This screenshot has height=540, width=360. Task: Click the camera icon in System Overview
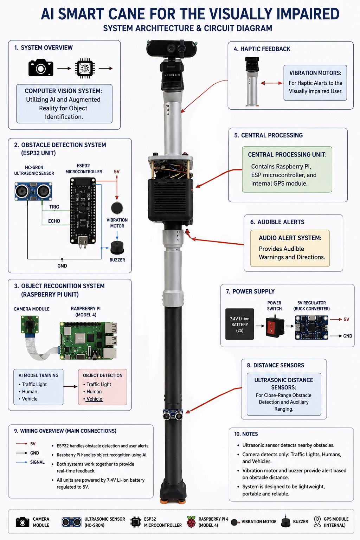41,68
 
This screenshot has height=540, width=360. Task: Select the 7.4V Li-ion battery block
239,324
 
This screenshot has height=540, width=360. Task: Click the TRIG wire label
54,207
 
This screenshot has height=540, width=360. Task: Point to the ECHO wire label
54,221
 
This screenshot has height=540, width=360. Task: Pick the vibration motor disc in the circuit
117,208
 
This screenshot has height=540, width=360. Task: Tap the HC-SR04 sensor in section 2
33,191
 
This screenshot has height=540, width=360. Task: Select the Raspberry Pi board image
88,341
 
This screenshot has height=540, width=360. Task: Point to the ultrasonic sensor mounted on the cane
173,414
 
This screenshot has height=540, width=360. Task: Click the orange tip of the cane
173,501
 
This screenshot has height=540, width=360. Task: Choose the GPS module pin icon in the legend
317,522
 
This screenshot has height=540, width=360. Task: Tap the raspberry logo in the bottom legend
191,522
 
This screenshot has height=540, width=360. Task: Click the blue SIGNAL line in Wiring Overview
22,462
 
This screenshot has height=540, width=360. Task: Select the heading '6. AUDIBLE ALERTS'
277,222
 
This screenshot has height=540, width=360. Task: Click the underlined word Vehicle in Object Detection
94,399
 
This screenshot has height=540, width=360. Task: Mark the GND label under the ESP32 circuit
62,266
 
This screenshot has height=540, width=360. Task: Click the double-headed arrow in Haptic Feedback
272,83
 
